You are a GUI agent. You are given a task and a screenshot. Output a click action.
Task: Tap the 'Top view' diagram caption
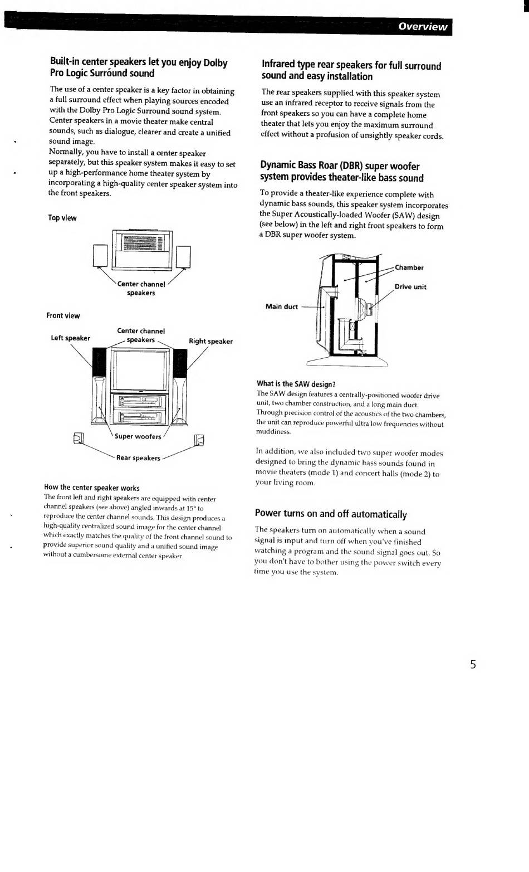tap(62, 218)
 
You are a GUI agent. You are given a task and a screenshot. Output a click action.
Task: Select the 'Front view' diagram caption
tap(63, 316)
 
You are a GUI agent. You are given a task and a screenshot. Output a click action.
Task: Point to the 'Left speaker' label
tap(70, 338)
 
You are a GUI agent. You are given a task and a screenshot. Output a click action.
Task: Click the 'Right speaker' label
tap(210, 342)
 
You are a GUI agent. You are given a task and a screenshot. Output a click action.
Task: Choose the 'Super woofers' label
tap(138, 437)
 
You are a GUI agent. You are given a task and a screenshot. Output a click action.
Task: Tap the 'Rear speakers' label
tap(138, 458)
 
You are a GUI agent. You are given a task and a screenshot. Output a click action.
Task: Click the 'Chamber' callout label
tap(409, 268)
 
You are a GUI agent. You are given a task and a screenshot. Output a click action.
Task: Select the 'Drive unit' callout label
tap(410, 288)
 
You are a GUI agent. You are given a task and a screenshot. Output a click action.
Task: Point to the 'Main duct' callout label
tap(282, 307)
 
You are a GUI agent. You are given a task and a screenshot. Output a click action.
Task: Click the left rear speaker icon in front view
tap(78, 439)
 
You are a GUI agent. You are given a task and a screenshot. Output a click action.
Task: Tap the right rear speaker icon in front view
tap(199, 441)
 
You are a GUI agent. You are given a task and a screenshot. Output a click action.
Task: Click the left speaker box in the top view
tap(100, 256)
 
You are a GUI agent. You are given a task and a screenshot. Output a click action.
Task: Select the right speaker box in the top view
tap(183, 257)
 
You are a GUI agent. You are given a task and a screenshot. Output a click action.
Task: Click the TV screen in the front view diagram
tap(140, 370)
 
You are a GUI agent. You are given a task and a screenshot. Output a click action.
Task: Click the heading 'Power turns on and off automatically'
tap(331, 514)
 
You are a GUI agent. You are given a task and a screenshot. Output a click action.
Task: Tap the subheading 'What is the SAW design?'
tap(296, 384)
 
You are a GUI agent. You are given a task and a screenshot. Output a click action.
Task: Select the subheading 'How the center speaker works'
tap(92, 488)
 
